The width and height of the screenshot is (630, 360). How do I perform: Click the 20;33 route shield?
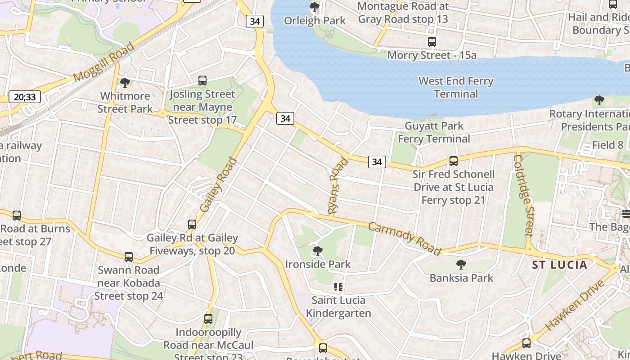[25, 97]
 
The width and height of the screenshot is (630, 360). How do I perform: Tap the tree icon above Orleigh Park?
[315, 7]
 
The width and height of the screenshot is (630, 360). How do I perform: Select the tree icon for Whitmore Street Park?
[125, 82]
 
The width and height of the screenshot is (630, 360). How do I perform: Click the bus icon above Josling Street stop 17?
[202, 81]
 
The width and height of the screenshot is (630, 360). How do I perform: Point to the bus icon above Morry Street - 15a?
[432, 42]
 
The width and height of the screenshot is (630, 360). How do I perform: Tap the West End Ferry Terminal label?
[456, 87]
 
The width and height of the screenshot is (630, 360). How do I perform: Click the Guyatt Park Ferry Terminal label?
[434, 132]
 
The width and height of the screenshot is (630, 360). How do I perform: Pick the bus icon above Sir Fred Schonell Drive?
[454, 161]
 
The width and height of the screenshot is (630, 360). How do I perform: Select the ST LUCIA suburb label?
[560, 265]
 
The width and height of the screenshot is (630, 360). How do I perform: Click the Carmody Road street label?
[404, 238]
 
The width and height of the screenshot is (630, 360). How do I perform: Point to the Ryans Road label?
[338, 186]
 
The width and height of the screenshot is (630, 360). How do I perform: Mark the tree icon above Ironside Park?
[318, 251]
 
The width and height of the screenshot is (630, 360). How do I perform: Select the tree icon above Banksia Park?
[461, 265]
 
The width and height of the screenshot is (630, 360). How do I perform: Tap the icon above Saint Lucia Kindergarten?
[338, 287]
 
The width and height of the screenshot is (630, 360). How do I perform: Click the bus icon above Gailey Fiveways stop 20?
[192, 224]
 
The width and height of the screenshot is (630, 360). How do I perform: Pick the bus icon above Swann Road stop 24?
[129, 257]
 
